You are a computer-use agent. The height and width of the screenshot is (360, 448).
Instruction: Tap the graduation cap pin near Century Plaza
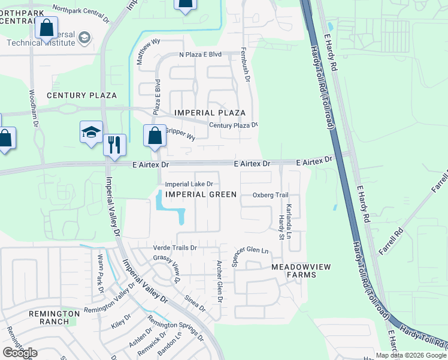click(x=91, y=133)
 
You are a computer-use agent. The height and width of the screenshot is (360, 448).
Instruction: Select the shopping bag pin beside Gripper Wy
click(x=155, y=136)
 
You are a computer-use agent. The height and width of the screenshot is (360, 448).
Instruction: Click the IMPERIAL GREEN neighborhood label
click(x=201, y=194)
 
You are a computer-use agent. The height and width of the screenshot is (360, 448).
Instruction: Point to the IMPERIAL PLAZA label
click(x=210, y=113)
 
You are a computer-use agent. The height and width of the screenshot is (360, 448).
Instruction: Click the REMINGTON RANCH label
click(x=54, y=317)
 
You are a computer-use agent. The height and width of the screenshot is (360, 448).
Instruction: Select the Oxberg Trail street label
click(x=270, y=195)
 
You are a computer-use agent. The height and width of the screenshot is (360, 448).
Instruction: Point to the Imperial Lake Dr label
click(x=189, y=184)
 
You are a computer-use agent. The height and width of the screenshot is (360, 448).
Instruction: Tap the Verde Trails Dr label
click(x=175, y=247)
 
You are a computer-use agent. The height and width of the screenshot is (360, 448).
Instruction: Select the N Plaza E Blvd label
click(x=201, y=55)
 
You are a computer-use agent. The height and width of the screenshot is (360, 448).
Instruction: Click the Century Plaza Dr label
click(x=233, y=125)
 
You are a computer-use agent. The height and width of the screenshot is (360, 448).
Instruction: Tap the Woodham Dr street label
click(x=34, y=108)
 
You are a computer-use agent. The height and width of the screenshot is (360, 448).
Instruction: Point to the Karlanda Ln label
click(x=288, y=219)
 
